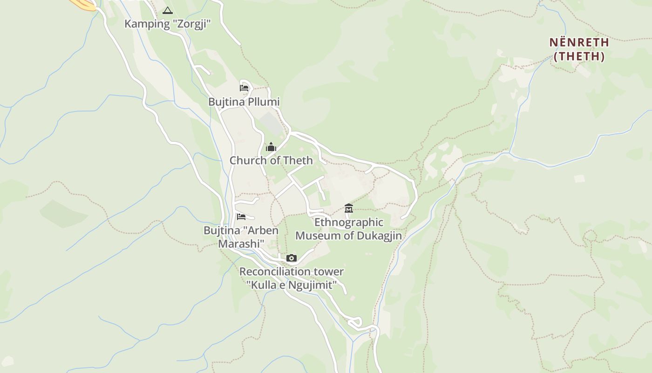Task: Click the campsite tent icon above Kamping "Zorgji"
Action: [168, 10]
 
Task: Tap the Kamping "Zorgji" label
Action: [168, 24]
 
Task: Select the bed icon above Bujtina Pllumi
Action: [244, 88]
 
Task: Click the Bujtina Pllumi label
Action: [244, 102]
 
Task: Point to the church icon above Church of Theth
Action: [271, 147]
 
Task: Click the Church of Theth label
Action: [271, 160]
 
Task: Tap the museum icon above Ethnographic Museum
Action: [349, 208]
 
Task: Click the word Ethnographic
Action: [349, 222]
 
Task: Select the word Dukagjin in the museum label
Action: [379, 235]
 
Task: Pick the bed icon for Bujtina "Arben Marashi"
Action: [241, 217]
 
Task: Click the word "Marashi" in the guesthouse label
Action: [241, 243]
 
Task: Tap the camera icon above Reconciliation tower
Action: [292, 258]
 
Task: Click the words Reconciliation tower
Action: [292, 271]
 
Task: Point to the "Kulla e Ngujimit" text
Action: [292, 285]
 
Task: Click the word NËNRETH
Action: [579, 42]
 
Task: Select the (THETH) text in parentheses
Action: [579, 56]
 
